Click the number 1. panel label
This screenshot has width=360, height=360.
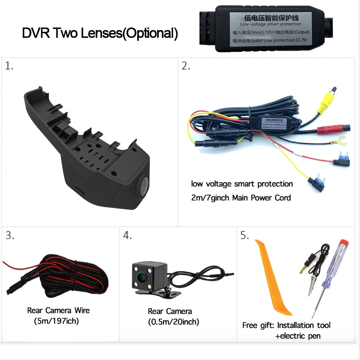tap(9, 66)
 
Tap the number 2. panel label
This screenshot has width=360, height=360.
tap(186, 66)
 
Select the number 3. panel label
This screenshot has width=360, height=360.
tap(9, 236)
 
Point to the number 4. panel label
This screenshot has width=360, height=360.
tap(127, 236)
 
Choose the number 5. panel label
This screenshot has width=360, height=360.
tap(245, 236)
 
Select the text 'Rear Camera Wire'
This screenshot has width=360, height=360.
tap(58, 310)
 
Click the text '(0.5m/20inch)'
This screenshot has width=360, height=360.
tap(173, 322)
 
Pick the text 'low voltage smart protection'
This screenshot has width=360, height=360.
tap(242, 184)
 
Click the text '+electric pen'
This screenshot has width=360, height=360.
tap(297, 336)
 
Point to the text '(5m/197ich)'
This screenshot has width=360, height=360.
tap(56, 321)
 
